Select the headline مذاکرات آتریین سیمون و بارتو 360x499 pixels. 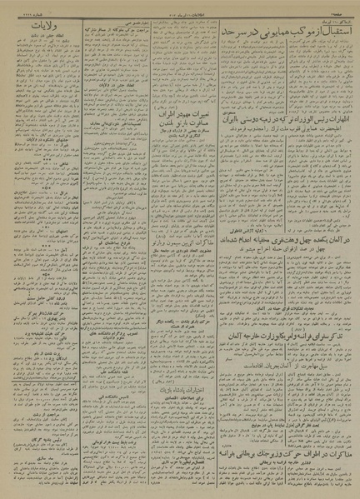click(x=174, y=223)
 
